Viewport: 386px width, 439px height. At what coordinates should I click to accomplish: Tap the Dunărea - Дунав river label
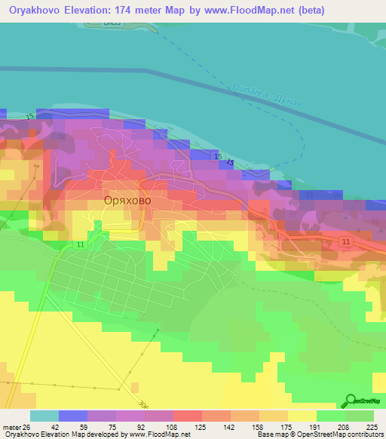click(x=268, y=96)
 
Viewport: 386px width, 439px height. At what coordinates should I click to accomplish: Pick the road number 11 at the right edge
click(x=345, y=241)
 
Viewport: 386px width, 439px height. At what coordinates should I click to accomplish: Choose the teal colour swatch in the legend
click(x=44, y=416)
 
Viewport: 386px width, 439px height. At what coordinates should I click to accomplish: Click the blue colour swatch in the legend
click(x=72, y=416)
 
